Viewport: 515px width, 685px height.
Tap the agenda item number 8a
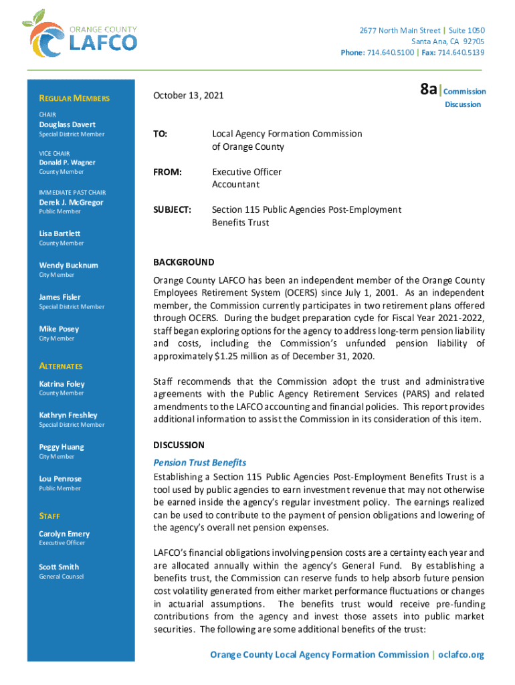(428, 90)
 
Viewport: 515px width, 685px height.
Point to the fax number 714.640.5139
(462, 53)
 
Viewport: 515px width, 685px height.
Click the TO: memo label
(160, 134)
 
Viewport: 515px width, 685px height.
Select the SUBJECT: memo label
(173, 210)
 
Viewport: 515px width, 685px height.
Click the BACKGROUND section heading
(184, 262)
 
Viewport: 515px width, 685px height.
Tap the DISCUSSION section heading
(179, 445)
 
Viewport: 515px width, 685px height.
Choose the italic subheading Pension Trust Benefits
(200, 462)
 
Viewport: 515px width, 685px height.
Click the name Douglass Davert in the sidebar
(67, 125)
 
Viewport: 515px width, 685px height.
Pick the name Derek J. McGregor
(71, 203)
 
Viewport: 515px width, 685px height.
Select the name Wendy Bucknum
(68, 266)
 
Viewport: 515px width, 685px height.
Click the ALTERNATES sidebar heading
(61, 367)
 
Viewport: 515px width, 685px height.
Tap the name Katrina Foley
(62, 384)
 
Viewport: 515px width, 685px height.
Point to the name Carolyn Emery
(64, 534)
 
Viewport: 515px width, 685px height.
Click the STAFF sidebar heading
(49, 516)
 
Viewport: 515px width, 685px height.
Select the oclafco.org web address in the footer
(461, 655)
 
